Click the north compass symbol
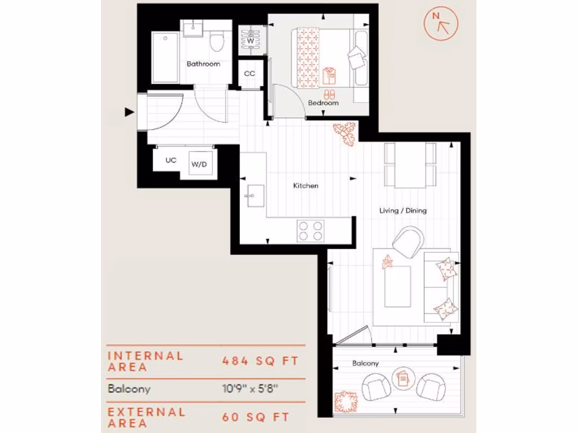(441, 24)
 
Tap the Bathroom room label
(203, 64)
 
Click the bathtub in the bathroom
(165, 57)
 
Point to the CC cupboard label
(249, 74)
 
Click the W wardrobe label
(250, 41)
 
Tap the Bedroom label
(323, 103)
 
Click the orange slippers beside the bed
(329, 94)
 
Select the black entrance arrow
(129, 112)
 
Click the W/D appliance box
(198, 165)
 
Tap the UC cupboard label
(170, 160)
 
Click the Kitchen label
(305, 185)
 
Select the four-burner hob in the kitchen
(311, 230)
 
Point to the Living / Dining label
(402, 210)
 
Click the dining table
(410, 165)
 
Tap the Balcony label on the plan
(365, 364)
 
